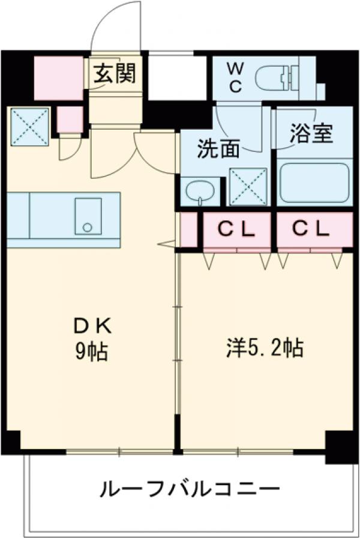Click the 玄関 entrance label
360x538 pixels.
tap(114, 73)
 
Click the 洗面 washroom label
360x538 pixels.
tap(219, 148)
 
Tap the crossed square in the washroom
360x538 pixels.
tap(248, 186)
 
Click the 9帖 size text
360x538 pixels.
tap(92, 351)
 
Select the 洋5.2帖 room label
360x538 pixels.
tap(264, 348)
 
